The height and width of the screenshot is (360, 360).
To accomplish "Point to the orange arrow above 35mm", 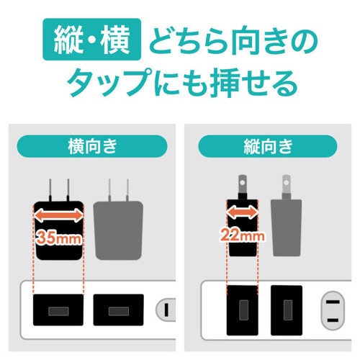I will [58, 215].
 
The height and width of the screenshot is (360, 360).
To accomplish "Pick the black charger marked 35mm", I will [58, 230].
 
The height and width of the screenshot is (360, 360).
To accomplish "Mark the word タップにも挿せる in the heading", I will [181, 84].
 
